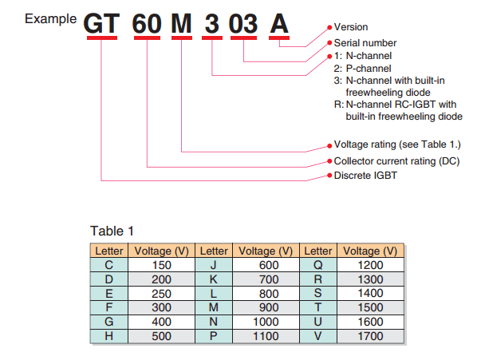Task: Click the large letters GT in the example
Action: point(101,24)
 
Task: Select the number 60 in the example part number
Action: point(147,24)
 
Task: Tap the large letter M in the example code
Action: point(181,24)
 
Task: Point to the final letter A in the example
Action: point(279,24)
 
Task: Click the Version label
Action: point(351,27)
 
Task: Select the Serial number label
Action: point(365,43)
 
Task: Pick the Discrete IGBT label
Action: point(365,176)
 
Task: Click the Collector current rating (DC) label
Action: point(396,161)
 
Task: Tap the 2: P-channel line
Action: point(363,69)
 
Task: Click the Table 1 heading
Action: point(112,231)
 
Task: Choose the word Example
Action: point(50,19)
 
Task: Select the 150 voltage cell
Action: point(162,265)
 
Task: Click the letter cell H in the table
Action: point(109,336)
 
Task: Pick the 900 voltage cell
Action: point(266,307)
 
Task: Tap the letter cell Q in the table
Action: point(318,265)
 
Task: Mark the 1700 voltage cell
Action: point(371,336)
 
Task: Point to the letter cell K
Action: point(214,279)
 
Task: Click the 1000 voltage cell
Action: point(266,322)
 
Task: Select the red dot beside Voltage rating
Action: point(329,146)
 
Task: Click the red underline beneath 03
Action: point(243,38)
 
